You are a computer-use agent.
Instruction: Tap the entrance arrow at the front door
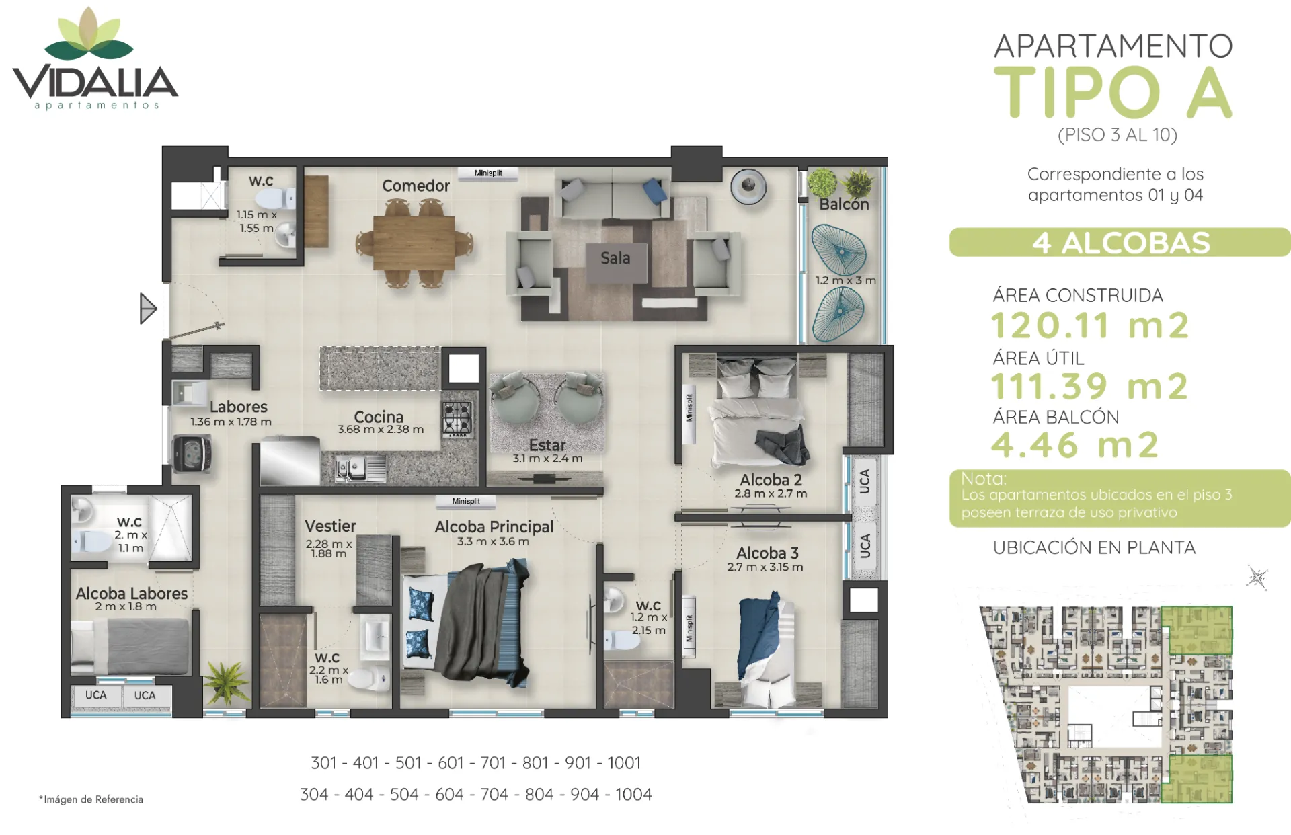(x=148, y=309)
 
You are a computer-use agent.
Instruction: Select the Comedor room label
(x=416, y=186)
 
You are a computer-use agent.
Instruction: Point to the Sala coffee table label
(x=615, y=258)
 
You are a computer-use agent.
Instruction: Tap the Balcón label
(x=844, y=204)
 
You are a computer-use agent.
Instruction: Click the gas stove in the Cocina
(x=457, y=417)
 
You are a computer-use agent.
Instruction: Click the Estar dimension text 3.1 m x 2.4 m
(x=547, y=459)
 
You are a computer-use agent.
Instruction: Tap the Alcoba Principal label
(x=494, y=527)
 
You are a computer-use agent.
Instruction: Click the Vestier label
(x=330, y=526)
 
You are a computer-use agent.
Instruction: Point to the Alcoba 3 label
(x=767, y=553)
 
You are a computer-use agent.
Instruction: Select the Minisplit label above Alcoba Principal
(x=466, y=501)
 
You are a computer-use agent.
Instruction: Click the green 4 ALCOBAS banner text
(x=1121, y=243)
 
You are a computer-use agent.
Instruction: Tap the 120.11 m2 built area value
(x=1090, y=325)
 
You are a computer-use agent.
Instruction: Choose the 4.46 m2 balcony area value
(x=1075, y=445)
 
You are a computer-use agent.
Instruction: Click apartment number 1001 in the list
(x=624, y=763)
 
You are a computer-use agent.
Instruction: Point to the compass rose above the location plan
(x=1257, y=578)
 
